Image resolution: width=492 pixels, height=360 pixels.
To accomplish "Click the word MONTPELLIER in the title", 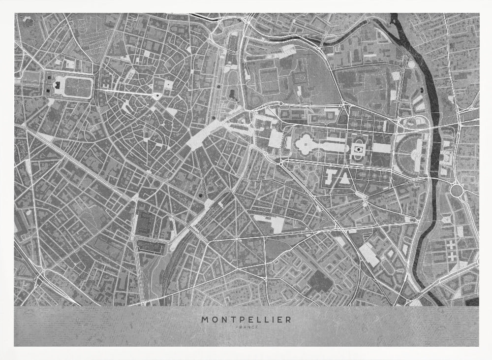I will pos(246,319).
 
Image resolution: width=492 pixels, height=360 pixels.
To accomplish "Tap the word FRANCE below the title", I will pos(246,327).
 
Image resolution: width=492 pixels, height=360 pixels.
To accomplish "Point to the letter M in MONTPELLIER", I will pos(205,319).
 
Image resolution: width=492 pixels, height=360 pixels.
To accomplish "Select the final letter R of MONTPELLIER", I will pos(288,319).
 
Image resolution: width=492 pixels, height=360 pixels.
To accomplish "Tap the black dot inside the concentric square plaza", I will pos(359,148).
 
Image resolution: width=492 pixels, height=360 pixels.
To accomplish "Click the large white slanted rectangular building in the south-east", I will pos(369,253).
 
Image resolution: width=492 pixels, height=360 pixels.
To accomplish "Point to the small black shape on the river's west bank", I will pos(422,91).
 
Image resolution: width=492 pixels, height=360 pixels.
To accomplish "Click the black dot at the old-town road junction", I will pos(156,95).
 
